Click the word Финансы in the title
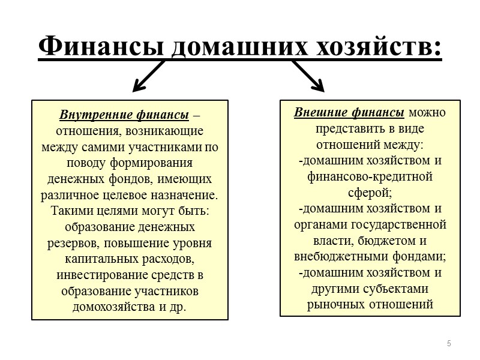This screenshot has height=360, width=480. click(x=100, y=47)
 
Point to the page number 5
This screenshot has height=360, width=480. click(x=448, y=343)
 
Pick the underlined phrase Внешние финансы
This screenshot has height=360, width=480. click(x=349, y=112)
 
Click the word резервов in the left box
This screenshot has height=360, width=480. click(x=71, y=244)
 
